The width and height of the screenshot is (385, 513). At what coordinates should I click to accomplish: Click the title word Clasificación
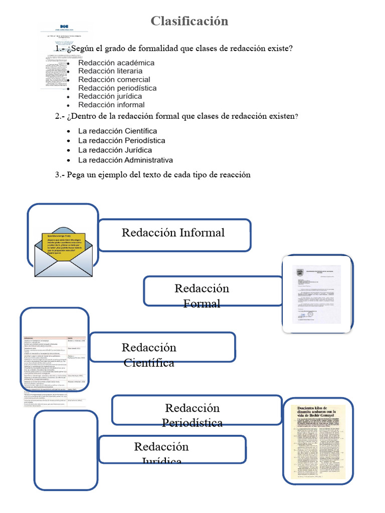(x=189, y=21)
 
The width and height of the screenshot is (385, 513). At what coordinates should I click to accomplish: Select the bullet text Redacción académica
(x=116, y=63)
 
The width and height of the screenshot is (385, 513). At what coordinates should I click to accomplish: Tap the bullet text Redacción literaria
(x=110, y=71)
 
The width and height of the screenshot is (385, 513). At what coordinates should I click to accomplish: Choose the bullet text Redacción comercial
(x=114, y=80)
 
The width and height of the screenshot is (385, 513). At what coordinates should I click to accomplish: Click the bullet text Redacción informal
(x=111, y=105)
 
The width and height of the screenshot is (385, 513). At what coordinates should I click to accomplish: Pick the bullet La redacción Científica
(x=117, y=131)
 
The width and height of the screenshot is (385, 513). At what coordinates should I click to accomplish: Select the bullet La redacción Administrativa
(x=125, y=160)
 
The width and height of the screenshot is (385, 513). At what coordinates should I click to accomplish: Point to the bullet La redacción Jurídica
(x=115, y=150)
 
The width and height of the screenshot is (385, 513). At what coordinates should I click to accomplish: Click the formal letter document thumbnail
(x=317, y=294)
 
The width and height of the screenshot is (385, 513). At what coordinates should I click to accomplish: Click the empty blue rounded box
(x=66, y=449)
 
